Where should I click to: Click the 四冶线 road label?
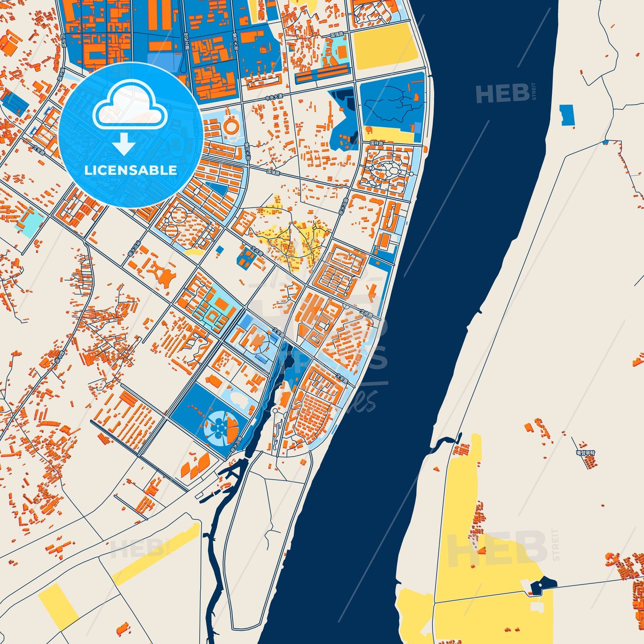[x=63, y=41]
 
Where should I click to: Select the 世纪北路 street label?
[x=186, y=41]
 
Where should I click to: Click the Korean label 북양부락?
[x=585, y=453]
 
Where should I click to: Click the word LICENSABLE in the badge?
[x=131, y=170]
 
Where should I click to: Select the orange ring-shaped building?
[x=232, y=125]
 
